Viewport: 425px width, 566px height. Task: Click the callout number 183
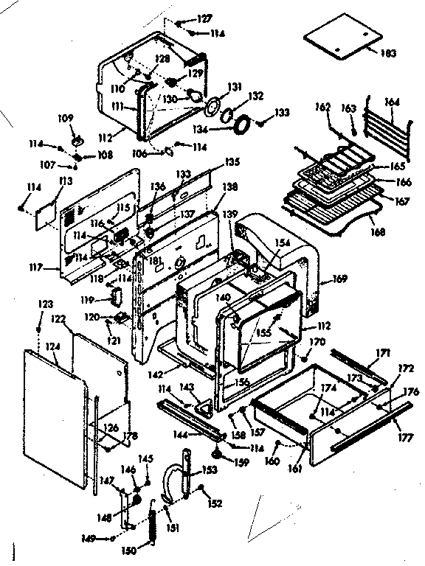(x=388, y=54)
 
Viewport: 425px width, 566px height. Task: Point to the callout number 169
(x=339, y=279)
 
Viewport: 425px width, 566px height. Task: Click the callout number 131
(x=234, y=87)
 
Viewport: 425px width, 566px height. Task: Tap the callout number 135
(x=232, y=161)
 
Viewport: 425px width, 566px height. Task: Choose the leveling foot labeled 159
(x=218, y=452)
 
